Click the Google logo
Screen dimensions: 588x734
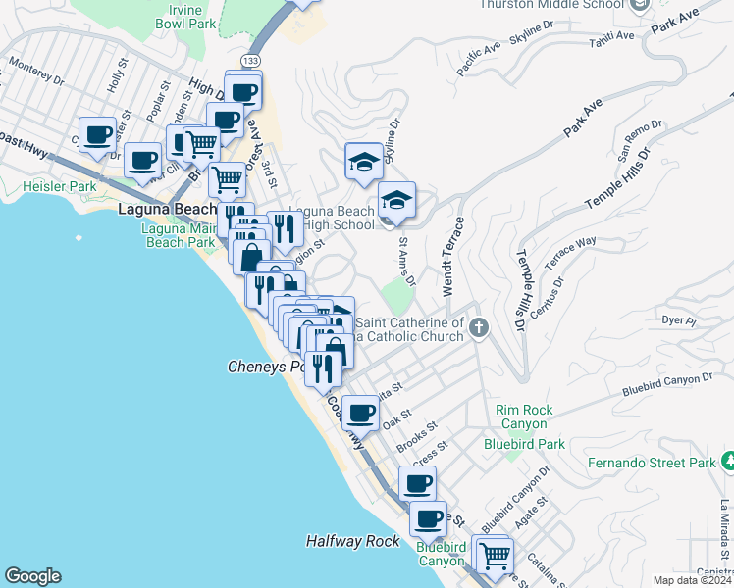pos(32,576)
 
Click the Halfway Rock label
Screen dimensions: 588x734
pos(352,541)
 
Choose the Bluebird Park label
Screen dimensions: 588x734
pos(524,444)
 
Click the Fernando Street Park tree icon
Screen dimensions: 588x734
pos(728,461)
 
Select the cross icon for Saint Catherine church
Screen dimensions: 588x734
pos(478,327)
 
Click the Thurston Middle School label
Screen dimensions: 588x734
pos(551,5)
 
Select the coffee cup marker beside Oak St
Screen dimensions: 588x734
pos(360,413)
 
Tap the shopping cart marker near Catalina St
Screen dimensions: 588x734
pos(495,556)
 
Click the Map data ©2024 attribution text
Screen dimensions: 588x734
pos(691,580)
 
